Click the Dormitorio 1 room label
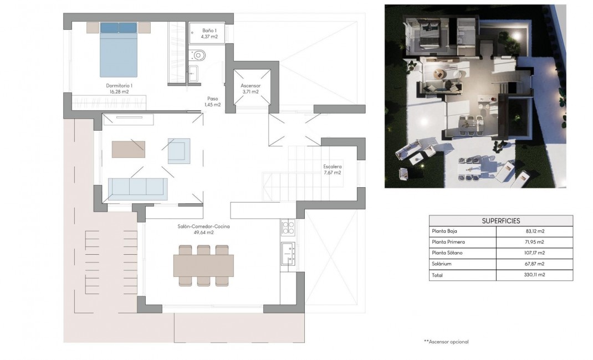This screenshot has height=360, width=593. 119,89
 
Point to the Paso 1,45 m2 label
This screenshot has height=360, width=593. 212,101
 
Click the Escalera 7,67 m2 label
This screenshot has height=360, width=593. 333,169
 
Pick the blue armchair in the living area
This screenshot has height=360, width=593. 178,151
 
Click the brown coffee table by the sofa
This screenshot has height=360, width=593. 128,149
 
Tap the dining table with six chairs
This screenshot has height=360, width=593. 203,265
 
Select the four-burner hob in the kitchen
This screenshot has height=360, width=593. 288,227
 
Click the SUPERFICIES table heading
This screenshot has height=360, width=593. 500,220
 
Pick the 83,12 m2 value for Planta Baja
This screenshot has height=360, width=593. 533,231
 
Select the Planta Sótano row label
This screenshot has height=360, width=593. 447,253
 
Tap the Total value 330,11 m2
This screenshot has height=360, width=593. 533,274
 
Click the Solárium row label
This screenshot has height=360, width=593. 441,264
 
